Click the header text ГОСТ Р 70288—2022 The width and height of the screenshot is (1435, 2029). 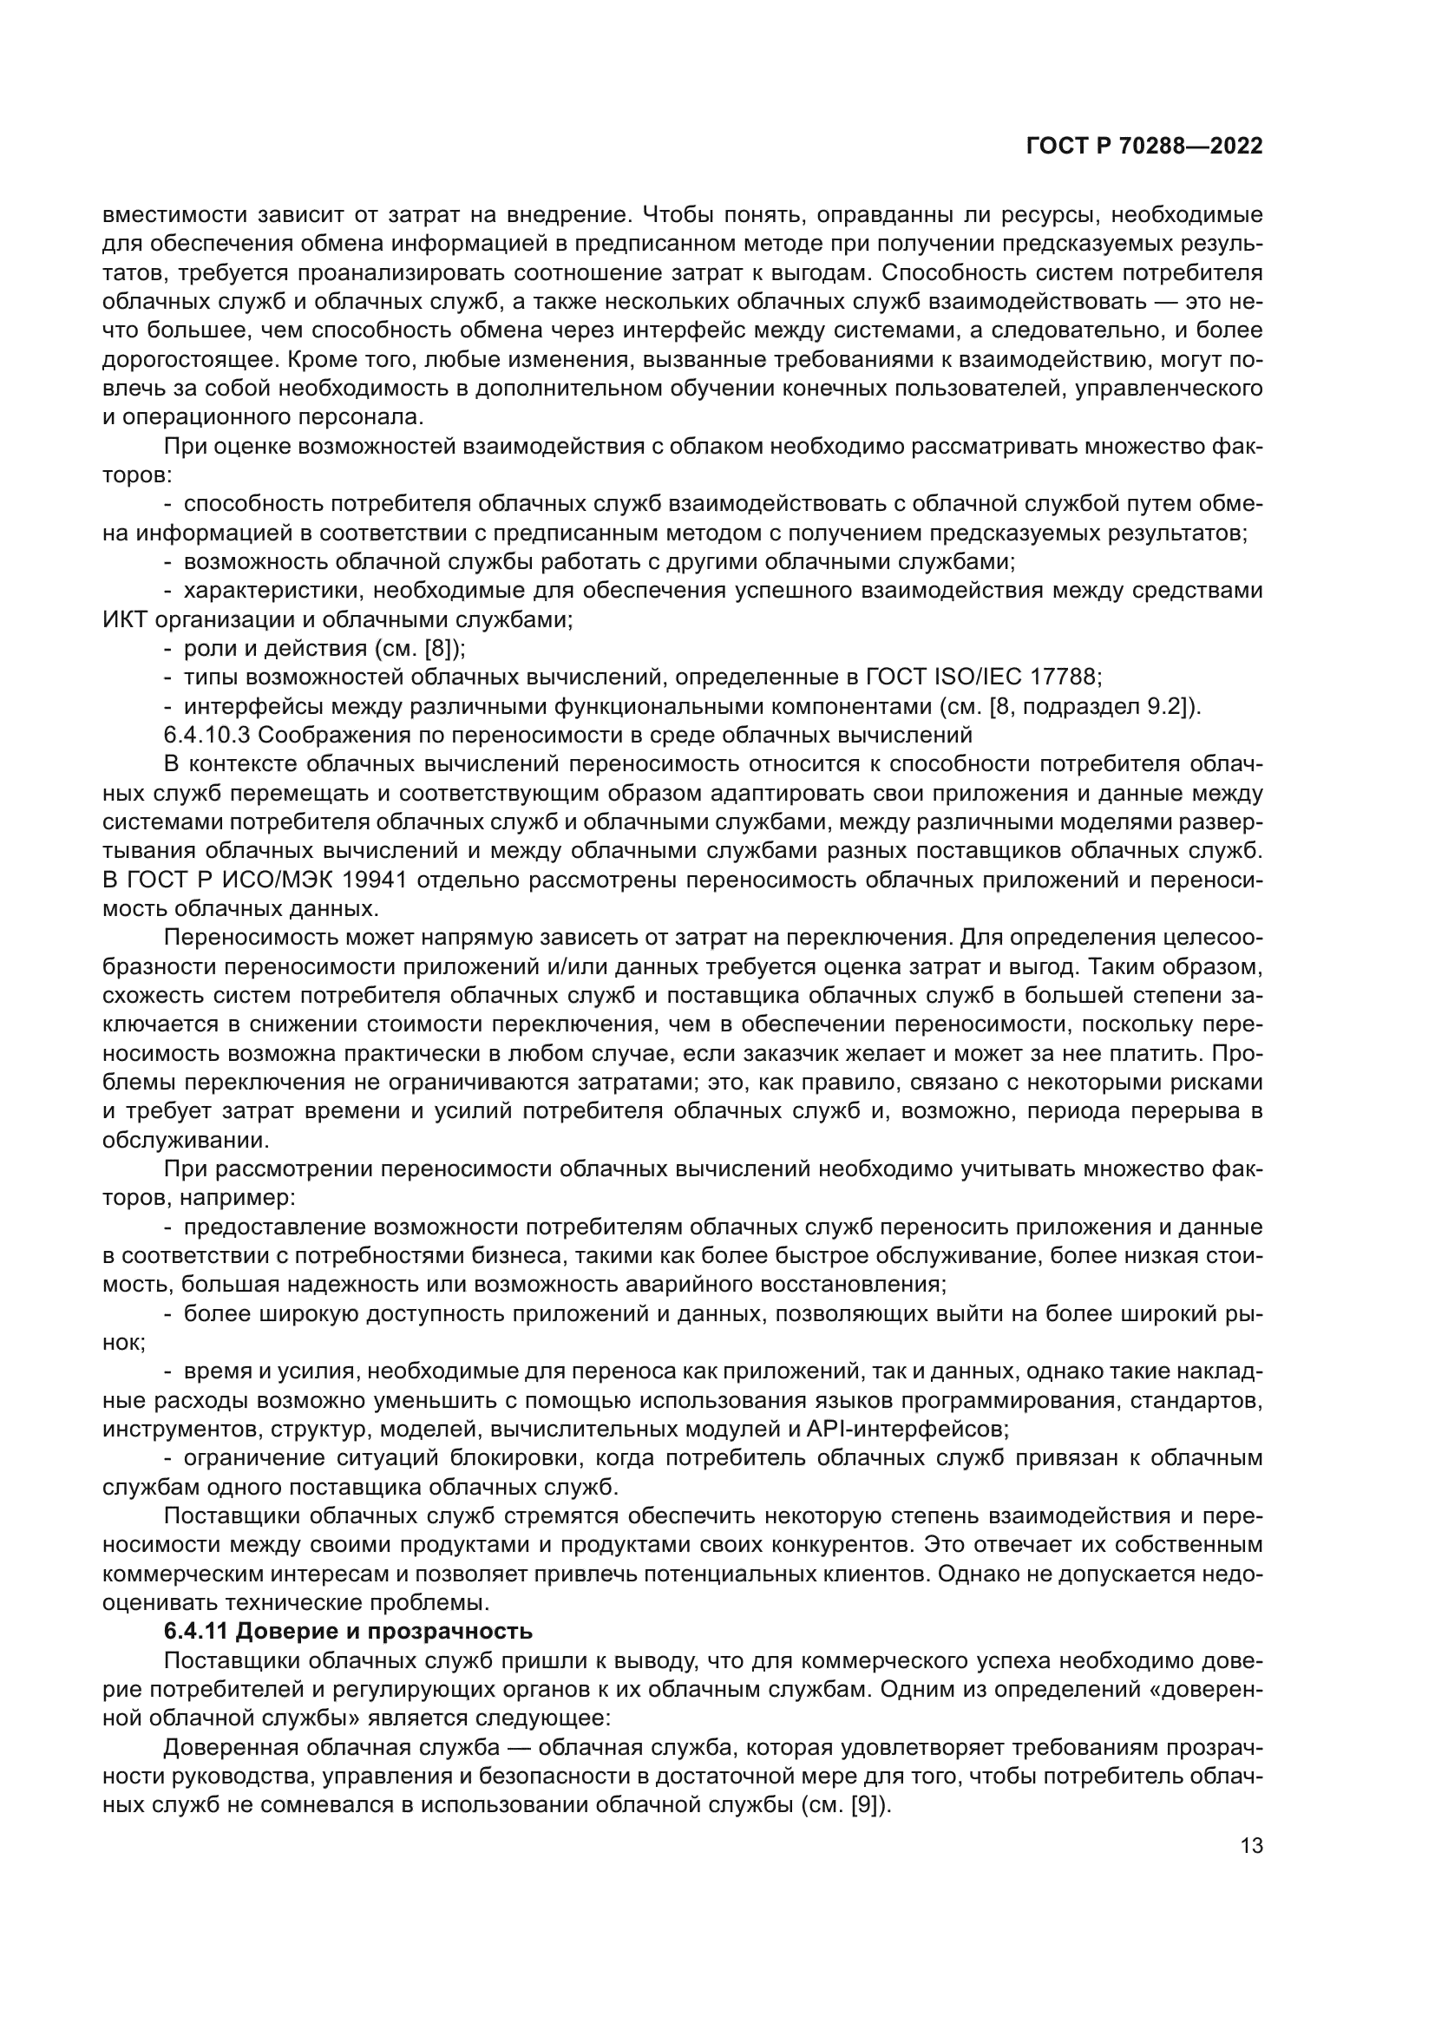click(1143, 147)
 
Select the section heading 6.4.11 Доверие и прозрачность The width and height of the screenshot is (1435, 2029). click(348, 1631)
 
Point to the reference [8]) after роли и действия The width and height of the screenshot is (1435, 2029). click(444, 649)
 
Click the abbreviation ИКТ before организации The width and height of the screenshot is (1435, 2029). click(126, 619)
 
